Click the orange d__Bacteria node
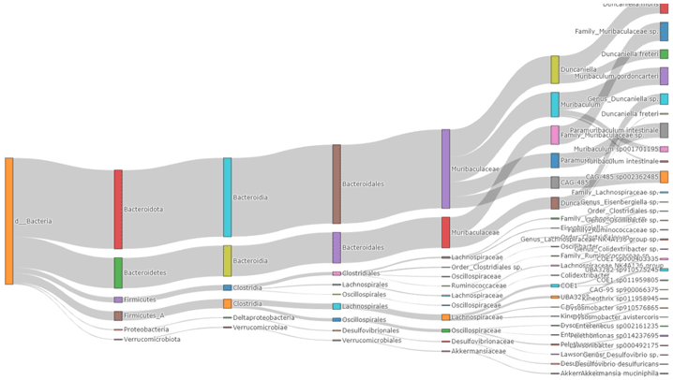click(9, 221)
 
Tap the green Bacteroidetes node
click(118, 272)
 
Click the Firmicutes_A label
click(143, 315)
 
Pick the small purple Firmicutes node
click(118, 300)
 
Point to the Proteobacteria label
click(146, 329)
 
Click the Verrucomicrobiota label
click(152, 339)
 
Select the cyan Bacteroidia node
click(227, 197)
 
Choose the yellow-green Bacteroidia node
click(227, 261)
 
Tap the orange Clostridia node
click(227, 304)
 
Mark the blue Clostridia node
click(227, 287)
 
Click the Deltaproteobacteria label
click(263, 317)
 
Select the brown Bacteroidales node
click(336, 184)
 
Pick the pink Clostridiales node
click(336, 273)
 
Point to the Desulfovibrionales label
click(371, 330)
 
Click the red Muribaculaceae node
click(445, 232)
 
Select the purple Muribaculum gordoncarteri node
click(664, 76)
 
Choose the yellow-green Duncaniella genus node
click(555, 69)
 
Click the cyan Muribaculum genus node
click(555, 104)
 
